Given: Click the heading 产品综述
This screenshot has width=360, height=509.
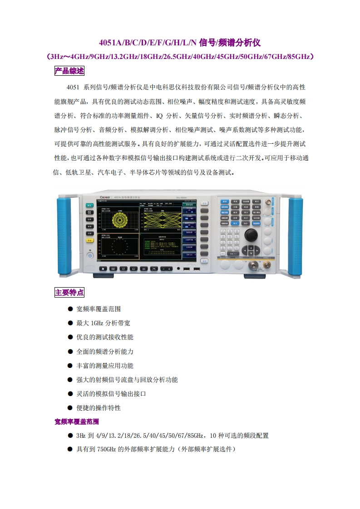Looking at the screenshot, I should tap(69, 71).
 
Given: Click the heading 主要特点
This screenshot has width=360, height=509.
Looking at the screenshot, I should tap(69, 292).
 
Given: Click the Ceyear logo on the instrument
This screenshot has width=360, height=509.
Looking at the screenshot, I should tap(105, 197).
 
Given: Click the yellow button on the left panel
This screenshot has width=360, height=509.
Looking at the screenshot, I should tap(90, 240).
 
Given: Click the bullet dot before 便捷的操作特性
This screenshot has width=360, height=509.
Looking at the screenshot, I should tap(70, 408).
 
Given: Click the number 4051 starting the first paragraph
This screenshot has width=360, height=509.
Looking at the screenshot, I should tap(73, 87).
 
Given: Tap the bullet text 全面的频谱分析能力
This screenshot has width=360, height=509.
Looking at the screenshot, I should tap(105, 352).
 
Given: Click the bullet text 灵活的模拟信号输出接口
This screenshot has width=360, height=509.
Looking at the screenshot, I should tap(111, 394).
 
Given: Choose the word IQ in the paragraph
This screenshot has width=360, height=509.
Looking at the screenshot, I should tap(159, 116).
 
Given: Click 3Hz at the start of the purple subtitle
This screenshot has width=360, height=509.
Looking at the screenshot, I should tap(58, 57).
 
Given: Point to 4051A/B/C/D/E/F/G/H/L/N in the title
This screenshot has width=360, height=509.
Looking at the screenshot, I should tap(148, 43).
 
